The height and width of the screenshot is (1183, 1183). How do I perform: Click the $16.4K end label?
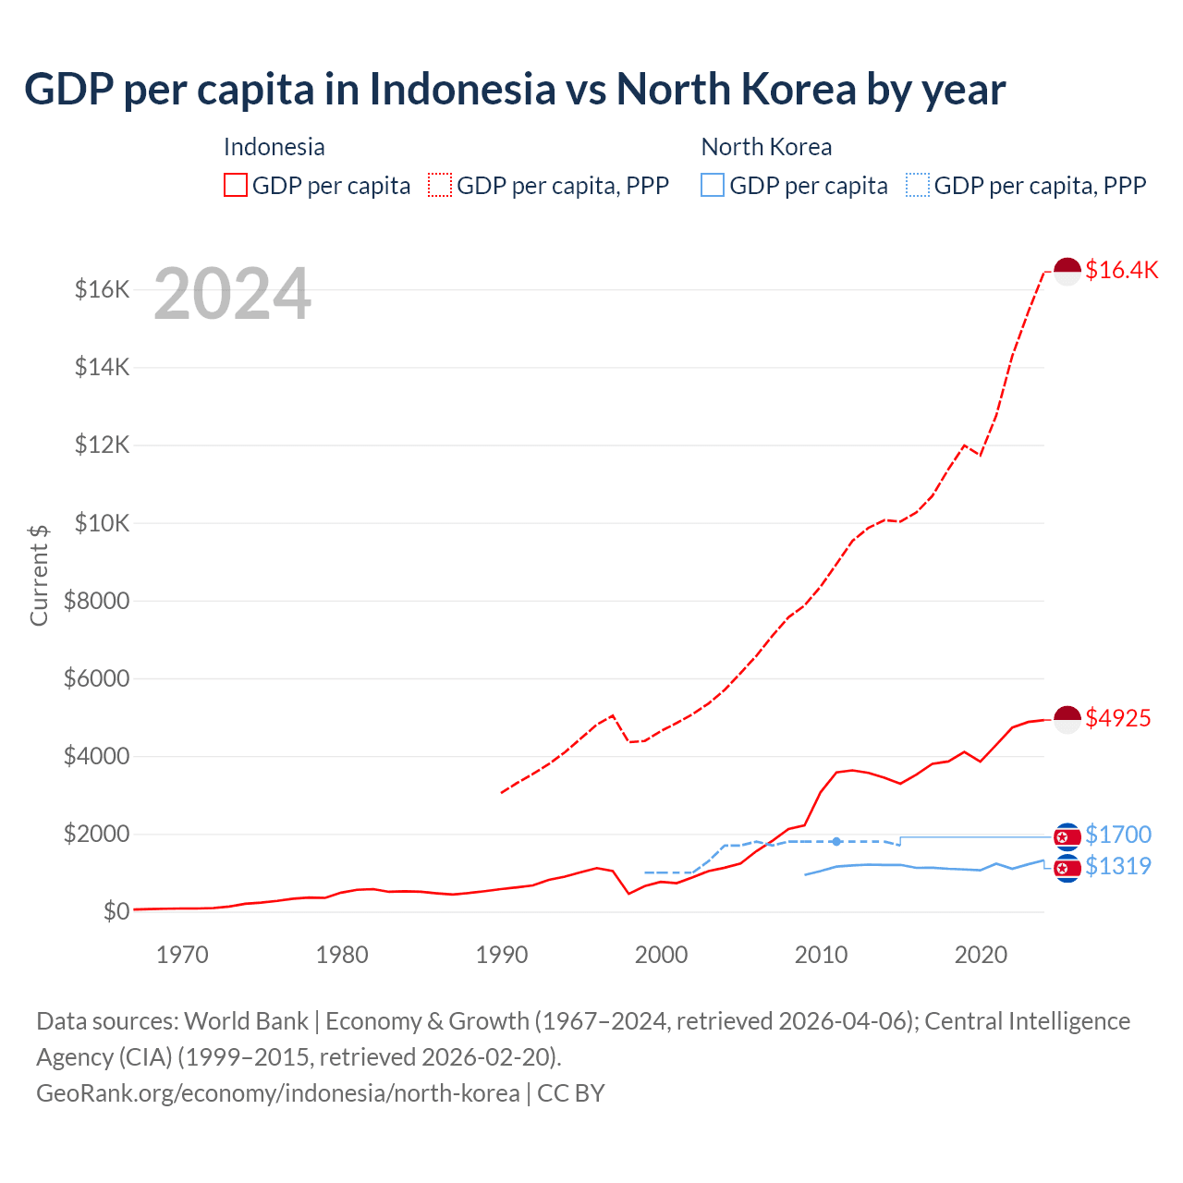click(x=1121, y=270)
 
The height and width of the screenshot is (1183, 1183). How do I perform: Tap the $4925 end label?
click(x=1117, y=718)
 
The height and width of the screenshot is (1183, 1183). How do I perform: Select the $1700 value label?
click(x=1117, y=835)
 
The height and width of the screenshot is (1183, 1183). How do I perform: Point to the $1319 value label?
click(x=1117, y=866)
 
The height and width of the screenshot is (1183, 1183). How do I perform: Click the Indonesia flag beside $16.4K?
click(x=1067, y=272)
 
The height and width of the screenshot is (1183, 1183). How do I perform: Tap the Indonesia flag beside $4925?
click(x=1067, y=719)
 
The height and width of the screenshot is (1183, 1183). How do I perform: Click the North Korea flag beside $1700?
click(x=1067, y=836)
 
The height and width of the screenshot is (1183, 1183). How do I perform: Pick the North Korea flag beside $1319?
click(x=1067, y=868)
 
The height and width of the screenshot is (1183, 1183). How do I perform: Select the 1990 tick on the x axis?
click(x=502, y=955)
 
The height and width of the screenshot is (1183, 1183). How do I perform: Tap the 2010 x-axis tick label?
click(x=821, y=955)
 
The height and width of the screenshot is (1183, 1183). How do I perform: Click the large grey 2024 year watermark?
click(x=232, y=295)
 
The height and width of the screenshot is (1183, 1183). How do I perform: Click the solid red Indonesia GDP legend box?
click(x=236, y=186)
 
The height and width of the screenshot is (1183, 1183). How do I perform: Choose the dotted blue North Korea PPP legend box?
click(x=918, y=186)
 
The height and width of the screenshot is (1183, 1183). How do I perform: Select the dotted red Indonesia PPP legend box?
click(x=440, y=186)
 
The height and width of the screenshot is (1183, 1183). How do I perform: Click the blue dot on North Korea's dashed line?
click(x=836, y=841)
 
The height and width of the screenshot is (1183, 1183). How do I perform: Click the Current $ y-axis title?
click(x=39, y=575)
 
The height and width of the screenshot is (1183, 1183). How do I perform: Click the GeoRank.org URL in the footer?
click(x=278, y=1093)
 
